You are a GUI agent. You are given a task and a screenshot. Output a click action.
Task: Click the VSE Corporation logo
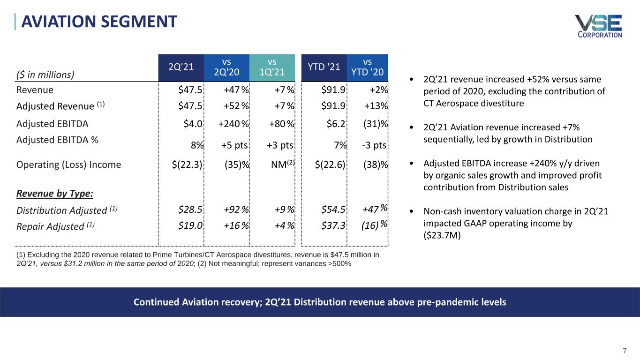click(x=599, y=26)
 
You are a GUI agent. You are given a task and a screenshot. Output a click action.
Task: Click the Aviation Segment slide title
click(x=99, y=22)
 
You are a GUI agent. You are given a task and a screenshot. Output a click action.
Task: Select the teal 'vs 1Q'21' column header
click(x=272, y=67)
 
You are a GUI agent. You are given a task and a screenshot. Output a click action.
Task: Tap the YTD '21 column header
click(x=324, y=67)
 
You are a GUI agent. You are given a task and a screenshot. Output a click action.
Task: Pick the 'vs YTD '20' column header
click(x=368, y=67)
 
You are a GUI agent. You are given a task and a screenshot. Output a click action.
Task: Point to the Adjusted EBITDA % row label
click(x=57, y=140)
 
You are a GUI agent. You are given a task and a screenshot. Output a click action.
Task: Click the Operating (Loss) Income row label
click(x=68, y=165)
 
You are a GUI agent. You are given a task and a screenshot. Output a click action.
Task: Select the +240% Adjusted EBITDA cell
click(x=233, y=124)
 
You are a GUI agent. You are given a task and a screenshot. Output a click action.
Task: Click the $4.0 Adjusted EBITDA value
click(x=193, y=124)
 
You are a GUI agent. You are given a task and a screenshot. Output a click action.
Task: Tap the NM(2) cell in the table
click(x=283, y=164)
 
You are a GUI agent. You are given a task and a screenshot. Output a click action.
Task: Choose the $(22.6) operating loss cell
click(x=330, y=165)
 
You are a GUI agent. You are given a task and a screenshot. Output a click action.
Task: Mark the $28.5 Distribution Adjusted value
click(x=190, y=210)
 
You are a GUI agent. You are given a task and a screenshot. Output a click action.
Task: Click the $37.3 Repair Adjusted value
click(x=333, y=225)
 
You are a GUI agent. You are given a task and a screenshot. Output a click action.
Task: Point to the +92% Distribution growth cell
click(x=236, y=210)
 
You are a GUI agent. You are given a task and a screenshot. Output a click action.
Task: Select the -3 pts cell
click(x=374, y=145)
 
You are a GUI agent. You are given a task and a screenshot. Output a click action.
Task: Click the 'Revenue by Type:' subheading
click(x=55, y=194)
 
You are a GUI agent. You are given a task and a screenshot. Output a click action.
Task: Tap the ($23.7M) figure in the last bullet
click(x=442, y=235)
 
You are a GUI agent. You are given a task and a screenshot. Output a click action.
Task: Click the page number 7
click(x=625, y=351)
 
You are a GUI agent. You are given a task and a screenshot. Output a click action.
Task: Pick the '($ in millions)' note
click(x=45, y=75)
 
